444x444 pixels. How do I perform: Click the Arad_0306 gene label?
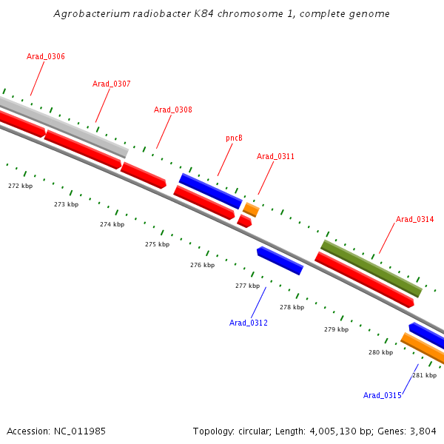click(45, 56)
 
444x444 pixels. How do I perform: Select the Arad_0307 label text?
click(111, 84)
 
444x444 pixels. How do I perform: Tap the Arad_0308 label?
click(172, 110)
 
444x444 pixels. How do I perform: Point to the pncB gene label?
click(234, 138)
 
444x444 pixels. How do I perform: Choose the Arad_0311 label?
click(275, 156)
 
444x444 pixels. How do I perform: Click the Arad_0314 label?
click(414, 219)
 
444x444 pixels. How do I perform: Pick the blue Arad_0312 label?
click(248, 323)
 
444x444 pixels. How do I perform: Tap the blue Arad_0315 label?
click(382, 395)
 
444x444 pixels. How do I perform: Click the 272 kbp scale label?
click(20, 186)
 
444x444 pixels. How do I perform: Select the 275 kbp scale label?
click(157, 244)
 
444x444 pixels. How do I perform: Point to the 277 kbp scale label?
click(247, 286)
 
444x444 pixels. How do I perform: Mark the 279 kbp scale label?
click(336, 329)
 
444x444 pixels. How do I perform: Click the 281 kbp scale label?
click(424, 375)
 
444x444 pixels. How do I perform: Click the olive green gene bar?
click(371, 268)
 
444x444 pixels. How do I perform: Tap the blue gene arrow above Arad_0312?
click(280, 260)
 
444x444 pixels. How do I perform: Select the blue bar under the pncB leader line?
click(210, 191)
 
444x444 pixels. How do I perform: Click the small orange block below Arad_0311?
click(251, 209)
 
